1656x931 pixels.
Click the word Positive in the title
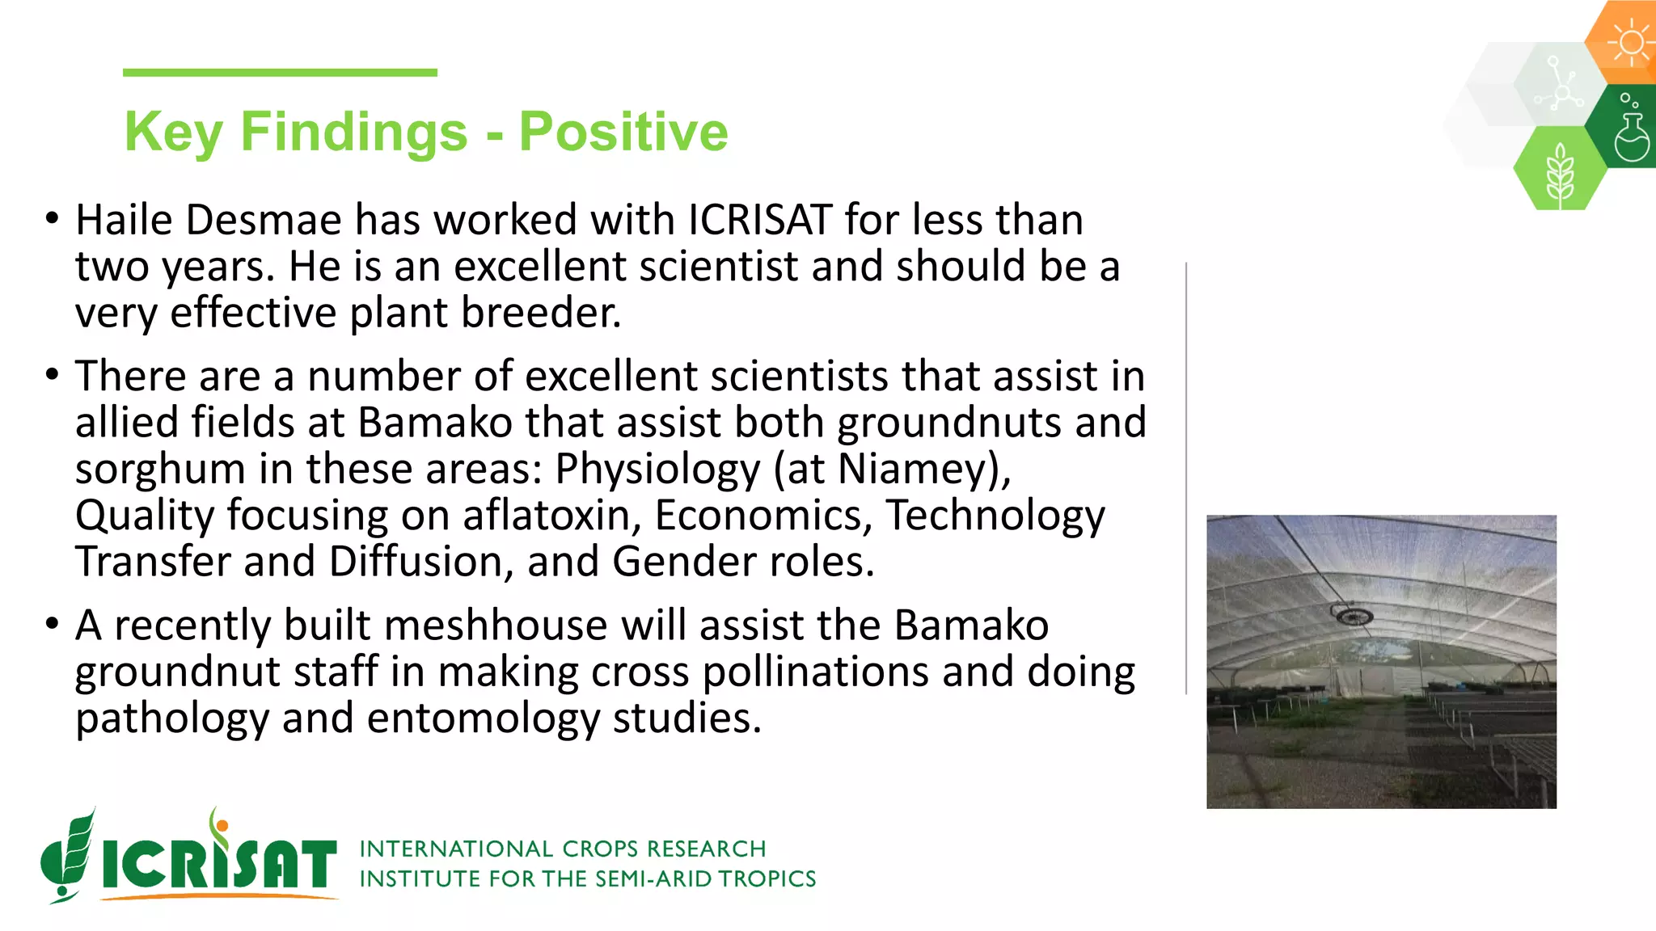(x=623, y=132)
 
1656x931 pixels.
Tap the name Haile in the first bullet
(x=124, y=220)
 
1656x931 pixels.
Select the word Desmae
(x=264, y=220)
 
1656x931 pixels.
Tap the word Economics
(x=763, y=516)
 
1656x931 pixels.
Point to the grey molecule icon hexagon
(x=1560, y=85)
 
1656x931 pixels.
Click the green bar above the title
(x=280, y=73)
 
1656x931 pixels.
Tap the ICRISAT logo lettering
(x=218, y=863)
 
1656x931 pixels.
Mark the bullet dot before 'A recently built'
(x=53, y=624)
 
